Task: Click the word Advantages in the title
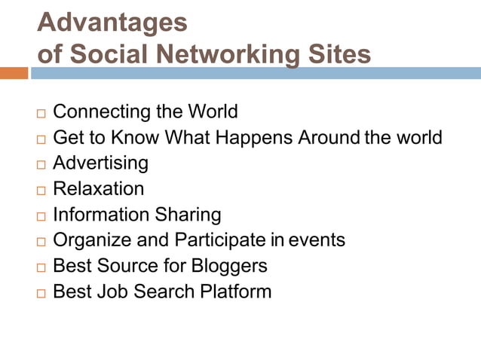click(112, 22)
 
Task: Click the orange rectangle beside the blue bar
click(14, 73)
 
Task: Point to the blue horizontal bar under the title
click(255, 73)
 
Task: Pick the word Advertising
click(100, 163)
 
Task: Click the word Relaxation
click(98, 188)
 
